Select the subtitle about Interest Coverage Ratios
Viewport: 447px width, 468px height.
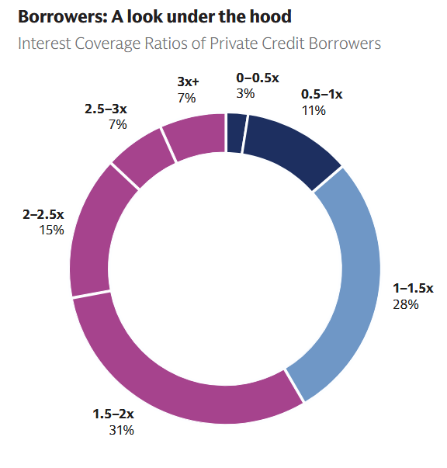(199, 43)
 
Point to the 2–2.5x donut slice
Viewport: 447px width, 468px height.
(93, 233)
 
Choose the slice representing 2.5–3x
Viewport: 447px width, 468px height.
(143, 158)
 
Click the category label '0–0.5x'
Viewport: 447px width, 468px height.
(257, 78)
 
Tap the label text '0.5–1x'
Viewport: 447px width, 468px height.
(321, 95)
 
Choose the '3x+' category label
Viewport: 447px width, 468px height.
(189, 81)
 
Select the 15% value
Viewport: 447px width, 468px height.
(52, 231)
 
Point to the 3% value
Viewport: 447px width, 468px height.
(244, 94)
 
